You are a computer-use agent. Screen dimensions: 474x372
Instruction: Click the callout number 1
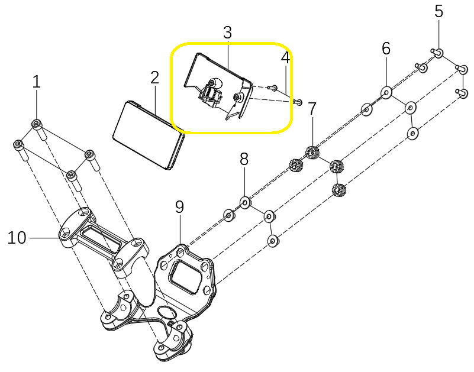[x=36, y=82]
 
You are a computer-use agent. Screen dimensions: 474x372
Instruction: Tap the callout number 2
[x=154, y=77]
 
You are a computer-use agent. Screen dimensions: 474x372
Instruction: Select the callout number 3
[x=228, y=33]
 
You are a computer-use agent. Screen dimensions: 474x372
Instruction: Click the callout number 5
[x=438, y=11]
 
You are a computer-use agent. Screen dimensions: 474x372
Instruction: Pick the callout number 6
[x=386, y=48]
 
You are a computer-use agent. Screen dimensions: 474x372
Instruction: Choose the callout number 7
[x=312, y=109]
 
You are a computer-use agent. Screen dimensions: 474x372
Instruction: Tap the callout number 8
[x=244, y=158]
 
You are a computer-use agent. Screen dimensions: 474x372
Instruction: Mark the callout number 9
[x=179, y=207]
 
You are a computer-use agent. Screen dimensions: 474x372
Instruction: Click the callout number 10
[x=17, y=238]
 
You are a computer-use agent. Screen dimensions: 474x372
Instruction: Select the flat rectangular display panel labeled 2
[x=148, y=135]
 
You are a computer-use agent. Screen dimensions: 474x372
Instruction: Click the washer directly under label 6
[x=386, y=93]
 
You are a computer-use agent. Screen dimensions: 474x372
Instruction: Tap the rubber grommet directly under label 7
[x=312, y=152]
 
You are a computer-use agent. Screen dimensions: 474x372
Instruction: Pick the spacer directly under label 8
[x=245, y=202]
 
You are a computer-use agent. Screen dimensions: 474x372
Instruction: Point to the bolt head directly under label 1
[x=37, y=124]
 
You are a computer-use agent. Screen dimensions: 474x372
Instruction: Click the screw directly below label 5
[x=438, y=53]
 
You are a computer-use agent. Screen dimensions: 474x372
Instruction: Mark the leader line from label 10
[x=44, y=238]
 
